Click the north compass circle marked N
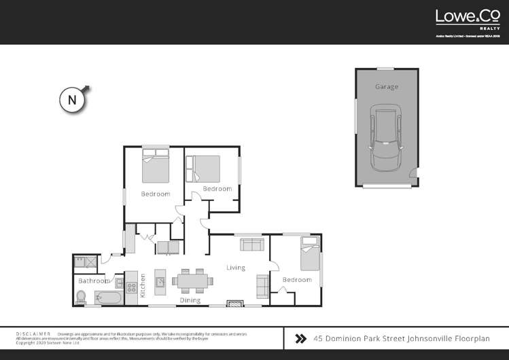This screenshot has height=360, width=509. [72, 100]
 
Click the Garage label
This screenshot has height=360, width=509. [386, 87]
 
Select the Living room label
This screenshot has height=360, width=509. [236, 268]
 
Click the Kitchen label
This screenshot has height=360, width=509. [143, 286]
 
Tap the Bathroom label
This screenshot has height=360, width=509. [94, 281]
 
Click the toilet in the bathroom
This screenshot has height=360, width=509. [82, 297]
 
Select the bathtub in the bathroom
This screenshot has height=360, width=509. [109, 298]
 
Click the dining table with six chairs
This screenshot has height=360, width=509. [192, 280]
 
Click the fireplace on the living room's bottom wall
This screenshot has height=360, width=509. [233, 304]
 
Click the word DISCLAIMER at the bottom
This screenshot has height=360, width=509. [33, 334]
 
